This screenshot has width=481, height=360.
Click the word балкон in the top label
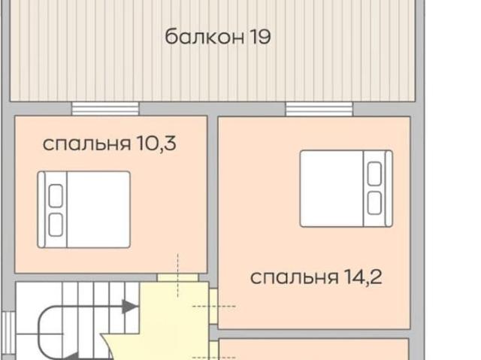click(201, 36)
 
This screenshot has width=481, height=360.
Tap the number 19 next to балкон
click(258, 36)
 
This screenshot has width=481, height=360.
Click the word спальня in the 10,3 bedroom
click(86, 144)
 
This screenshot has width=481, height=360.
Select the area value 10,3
click(156, 144)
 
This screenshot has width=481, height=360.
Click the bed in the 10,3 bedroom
click(84, 210)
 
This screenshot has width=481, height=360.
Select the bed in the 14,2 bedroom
click(346, 188)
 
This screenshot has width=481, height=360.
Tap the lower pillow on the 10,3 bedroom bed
click(55, 223)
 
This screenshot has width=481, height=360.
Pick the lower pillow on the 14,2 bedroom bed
click(374, 201)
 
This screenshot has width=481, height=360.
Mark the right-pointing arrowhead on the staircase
click(130, 306)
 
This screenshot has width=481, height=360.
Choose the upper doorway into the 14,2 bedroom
click(214, 306)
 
